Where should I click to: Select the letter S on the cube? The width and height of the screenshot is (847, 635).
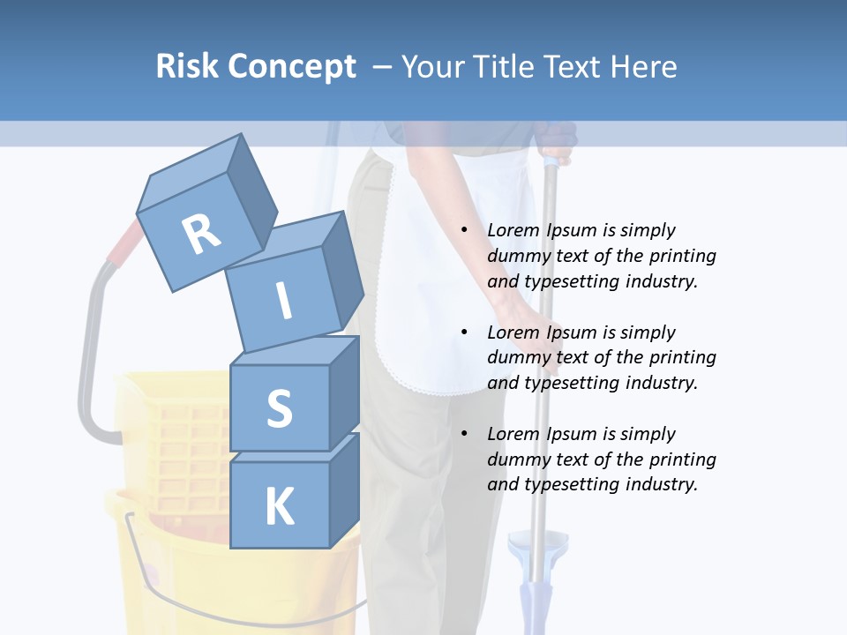point(279,408)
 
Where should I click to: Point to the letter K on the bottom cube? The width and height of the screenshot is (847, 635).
point(279,507)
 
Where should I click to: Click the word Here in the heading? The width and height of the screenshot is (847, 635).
point(645,67)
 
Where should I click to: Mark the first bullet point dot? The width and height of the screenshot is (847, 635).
point(464,231)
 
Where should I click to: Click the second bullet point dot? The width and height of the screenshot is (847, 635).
point(464,332)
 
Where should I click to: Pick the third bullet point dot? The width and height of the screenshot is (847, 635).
point(464,434)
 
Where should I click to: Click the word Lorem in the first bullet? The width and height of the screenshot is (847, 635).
point(512,230)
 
